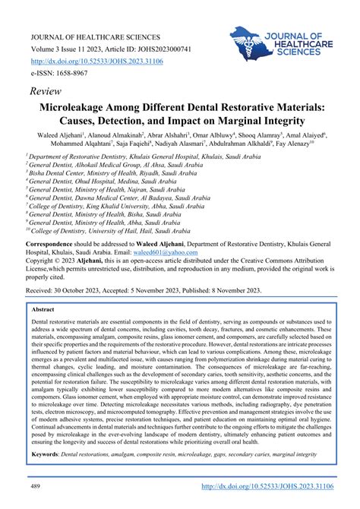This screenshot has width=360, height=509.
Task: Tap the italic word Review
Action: coord(46,90)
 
